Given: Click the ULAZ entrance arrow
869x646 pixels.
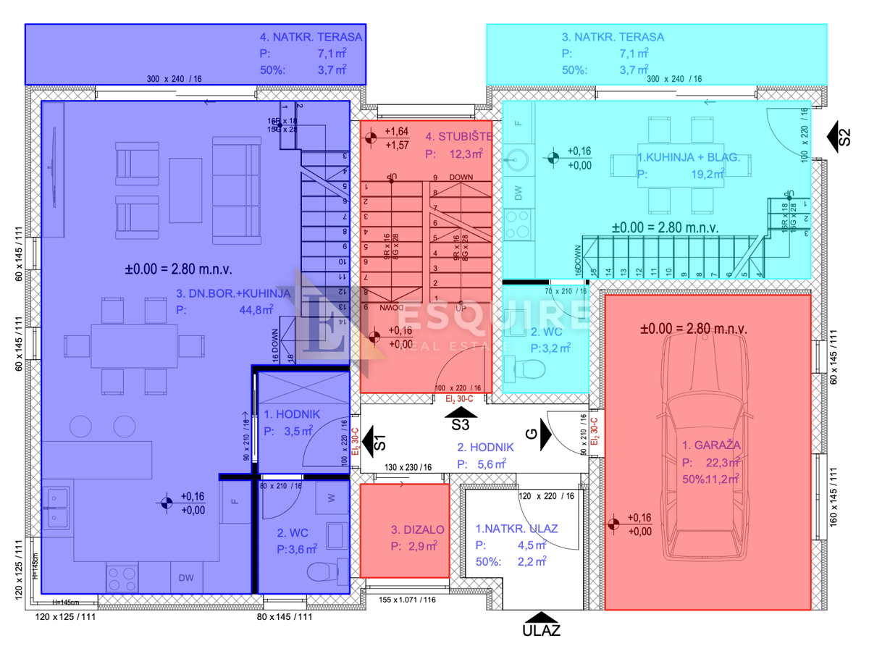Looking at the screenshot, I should pos(541,617).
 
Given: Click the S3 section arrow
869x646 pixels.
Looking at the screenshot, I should pos(461,415).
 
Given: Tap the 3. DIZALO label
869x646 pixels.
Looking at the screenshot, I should pos(417,530).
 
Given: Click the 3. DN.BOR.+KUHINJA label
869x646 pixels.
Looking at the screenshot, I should pos(233,293).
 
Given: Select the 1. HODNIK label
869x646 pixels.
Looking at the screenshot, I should pos(287,415).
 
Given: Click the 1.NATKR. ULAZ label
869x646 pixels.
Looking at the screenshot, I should pos(516,529).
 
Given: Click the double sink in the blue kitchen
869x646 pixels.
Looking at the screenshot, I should pos(56,507).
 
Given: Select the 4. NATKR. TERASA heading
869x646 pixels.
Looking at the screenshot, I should pos(311,36).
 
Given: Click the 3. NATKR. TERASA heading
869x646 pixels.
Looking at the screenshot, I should pos(613,36).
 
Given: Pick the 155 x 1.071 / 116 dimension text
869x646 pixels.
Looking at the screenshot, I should pos(408,600).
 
